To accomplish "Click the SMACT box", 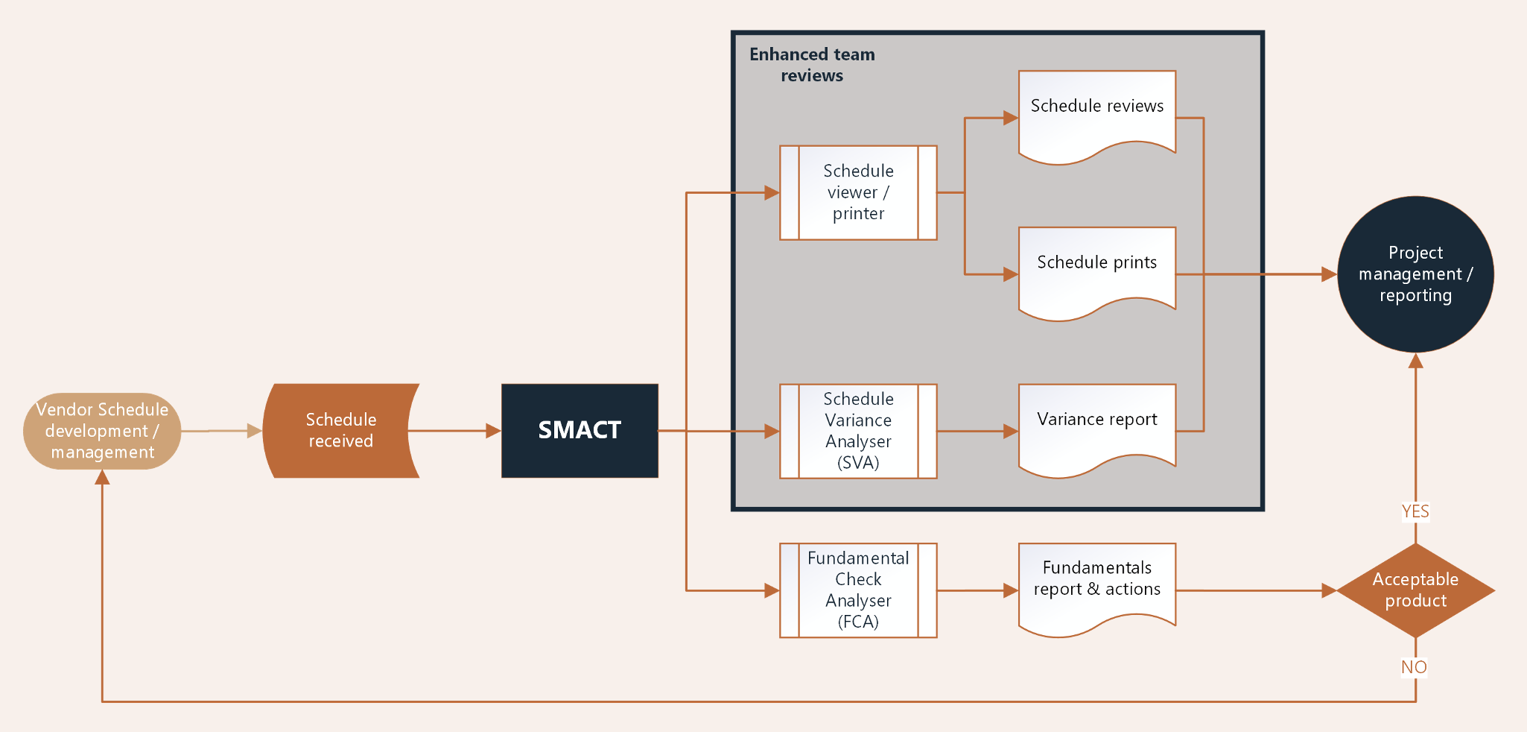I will pyautogui.click(x=580, y=430).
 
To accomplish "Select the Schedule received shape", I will pyautogui.click(x=340, y=430).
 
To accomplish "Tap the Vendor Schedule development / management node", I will pyautogui.click(x=102, y=431).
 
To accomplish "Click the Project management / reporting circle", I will pyautogui.click(x=1415, y=274).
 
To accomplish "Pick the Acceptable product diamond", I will pyautogui.click(x=1415, y=590).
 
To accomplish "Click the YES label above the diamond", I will pyautogui.click(x=1415, y=511).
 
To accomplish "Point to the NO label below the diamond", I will pyautogui.click(x=1414, y=667).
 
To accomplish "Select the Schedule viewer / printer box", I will pyautogui.click(x=858, y=192).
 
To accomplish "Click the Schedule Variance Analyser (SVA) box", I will pyautogui.click(x=858, y=431).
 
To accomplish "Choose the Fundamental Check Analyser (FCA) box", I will pyautogui.click(x=858, y=590).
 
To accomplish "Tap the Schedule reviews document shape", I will pyautogui.click(x=1096, y=112).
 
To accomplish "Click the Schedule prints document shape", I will pyautogui.click(x=1096, y=268).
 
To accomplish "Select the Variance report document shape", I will pyautogui.click(x=1096, y=425).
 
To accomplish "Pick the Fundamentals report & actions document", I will pyautogui.click(x=1096, y=584).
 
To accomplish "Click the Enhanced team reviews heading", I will pyautogui.click(x=812, y=65).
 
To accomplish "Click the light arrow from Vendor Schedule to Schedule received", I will pyautogui.click(x=220, y=431).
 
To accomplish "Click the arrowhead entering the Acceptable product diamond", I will pyautogui.click(x=1329, y=590).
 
